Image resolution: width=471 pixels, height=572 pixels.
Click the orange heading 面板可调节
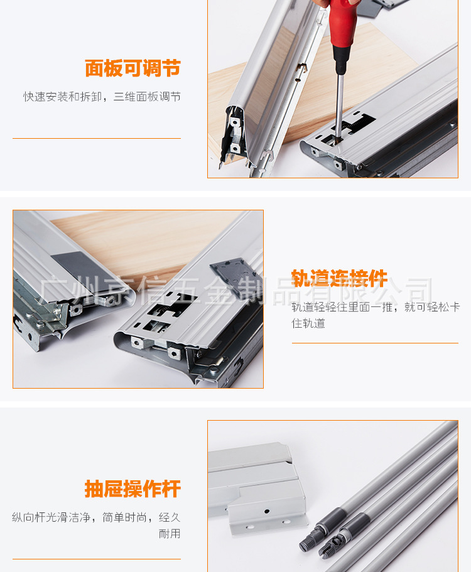click(x=133, y=68)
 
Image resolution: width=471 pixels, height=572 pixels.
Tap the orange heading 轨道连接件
click(x=339, y=278)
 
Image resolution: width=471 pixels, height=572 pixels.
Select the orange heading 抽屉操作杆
click(x=133, y=488)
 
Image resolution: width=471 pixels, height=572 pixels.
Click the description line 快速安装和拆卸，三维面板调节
click(x=102, y=97)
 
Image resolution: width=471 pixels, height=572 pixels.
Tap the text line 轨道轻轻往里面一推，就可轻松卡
click(x=376, y=307)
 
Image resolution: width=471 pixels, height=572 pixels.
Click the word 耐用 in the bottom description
click(x=170, y=534)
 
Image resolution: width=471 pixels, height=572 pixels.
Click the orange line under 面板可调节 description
click(x=96, y=138)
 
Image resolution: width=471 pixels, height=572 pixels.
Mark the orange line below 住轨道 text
click(x=375, y=343)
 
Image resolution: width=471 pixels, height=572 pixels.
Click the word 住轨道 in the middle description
click(x=308, y=323)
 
